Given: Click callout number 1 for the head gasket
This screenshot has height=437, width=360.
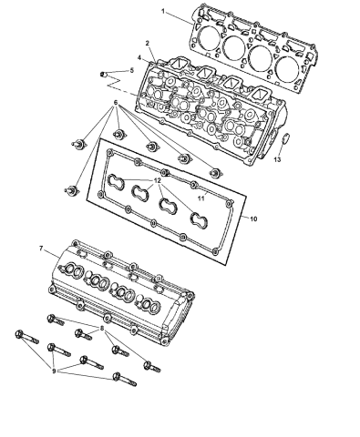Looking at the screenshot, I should pyautogui.click(x=164, y=12).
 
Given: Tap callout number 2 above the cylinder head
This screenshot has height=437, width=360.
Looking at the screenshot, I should pyautogui.click(x=147, y=43).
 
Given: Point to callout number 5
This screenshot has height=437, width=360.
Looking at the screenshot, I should pyautogui.click(x=131, y=70).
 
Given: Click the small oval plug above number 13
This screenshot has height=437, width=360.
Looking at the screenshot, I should pyautogui.click(x=283, y=139).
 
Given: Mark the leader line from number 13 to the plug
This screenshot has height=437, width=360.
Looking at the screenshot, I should pyautogui.click(x=281, y=150).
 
